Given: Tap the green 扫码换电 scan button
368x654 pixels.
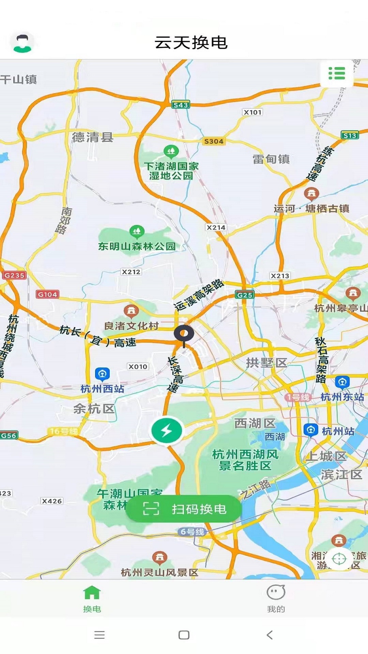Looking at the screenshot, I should point(184,509).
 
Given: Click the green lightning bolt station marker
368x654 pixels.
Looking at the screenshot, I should point(167,431).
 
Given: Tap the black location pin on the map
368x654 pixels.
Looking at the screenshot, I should point(184,334).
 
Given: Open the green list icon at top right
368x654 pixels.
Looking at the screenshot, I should point(337,73).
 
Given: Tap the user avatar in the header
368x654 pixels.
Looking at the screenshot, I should point(22,43).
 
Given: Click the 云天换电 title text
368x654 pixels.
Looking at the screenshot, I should point(191,43).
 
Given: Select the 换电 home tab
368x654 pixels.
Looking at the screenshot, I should point(92,598).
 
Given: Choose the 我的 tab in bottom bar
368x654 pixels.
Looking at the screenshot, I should point(276,598).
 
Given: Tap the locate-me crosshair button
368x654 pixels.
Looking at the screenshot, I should point(339,559).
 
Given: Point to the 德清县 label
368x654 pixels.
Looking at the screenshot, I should point(93,137).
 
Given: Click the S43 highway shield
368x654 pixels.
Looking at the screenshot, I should point(181,105).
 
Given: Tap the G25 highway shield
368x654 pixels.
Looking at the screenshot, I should point(245,295).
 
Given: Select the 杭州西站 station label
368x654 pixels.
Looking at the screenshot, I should point(102,389).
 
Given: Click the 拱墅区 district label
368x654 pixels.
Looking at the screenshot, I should point(266,363).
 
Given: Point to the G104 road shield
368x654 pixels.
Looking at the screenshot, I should point(47,294).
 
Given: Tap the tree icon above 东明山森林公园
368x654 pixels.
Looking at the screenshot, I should point(137,232).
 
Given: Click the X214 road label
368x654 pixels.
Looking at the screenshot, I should point(216,228).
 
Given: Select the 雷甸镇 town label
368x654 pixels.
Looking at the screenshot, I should point(271,159).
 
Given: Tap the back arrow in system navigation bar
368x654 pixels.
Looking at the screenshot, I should point(270,635).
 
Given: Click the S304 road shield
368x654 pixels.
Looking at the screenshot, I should point(214,141).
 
